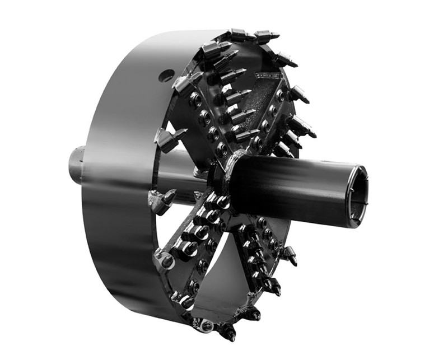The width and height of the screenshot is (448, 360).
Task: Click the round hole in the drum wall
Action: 166,75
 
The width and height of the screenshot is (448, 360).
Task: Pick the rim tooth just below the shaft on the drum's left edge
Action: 162,200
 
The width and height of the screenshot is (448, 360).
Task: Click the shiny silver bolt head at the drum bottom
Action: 206,325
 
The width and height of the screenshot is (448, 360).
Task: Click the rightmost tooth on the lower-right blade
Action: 289,255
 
